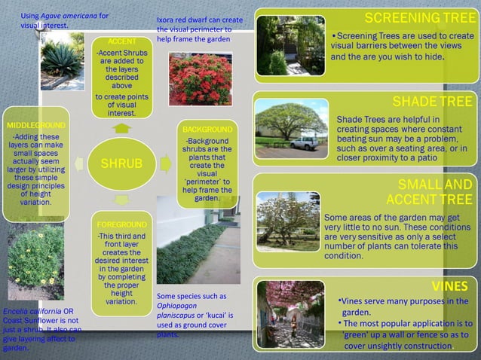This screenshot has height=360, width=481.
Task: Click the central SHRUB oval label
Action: coord(122,163)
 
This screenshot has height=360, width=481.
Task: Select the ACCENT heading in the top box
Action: coord(122,40)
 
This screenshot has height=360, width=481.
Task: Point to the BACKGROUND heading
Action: coord(207,130)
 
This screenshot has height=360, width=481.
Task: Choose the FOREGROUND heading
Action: coord(121,225)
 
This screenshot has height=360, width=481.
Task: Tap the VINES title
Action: coord(449,286)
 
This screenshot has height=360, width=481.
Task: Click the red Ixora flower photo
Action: coord(200,78)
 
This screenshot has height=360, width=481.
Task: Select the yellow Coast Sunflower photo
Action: coord(35,262)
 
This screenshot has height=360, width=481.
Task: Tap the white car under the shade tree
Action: coord(304,142)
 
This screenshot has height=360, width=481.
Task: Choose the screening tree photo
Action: coord(290,45)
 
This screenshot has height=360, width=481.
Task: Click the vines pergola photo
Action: coord(290,314)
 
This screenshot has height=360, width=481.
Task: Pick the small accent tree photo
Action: coord(287,221)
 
